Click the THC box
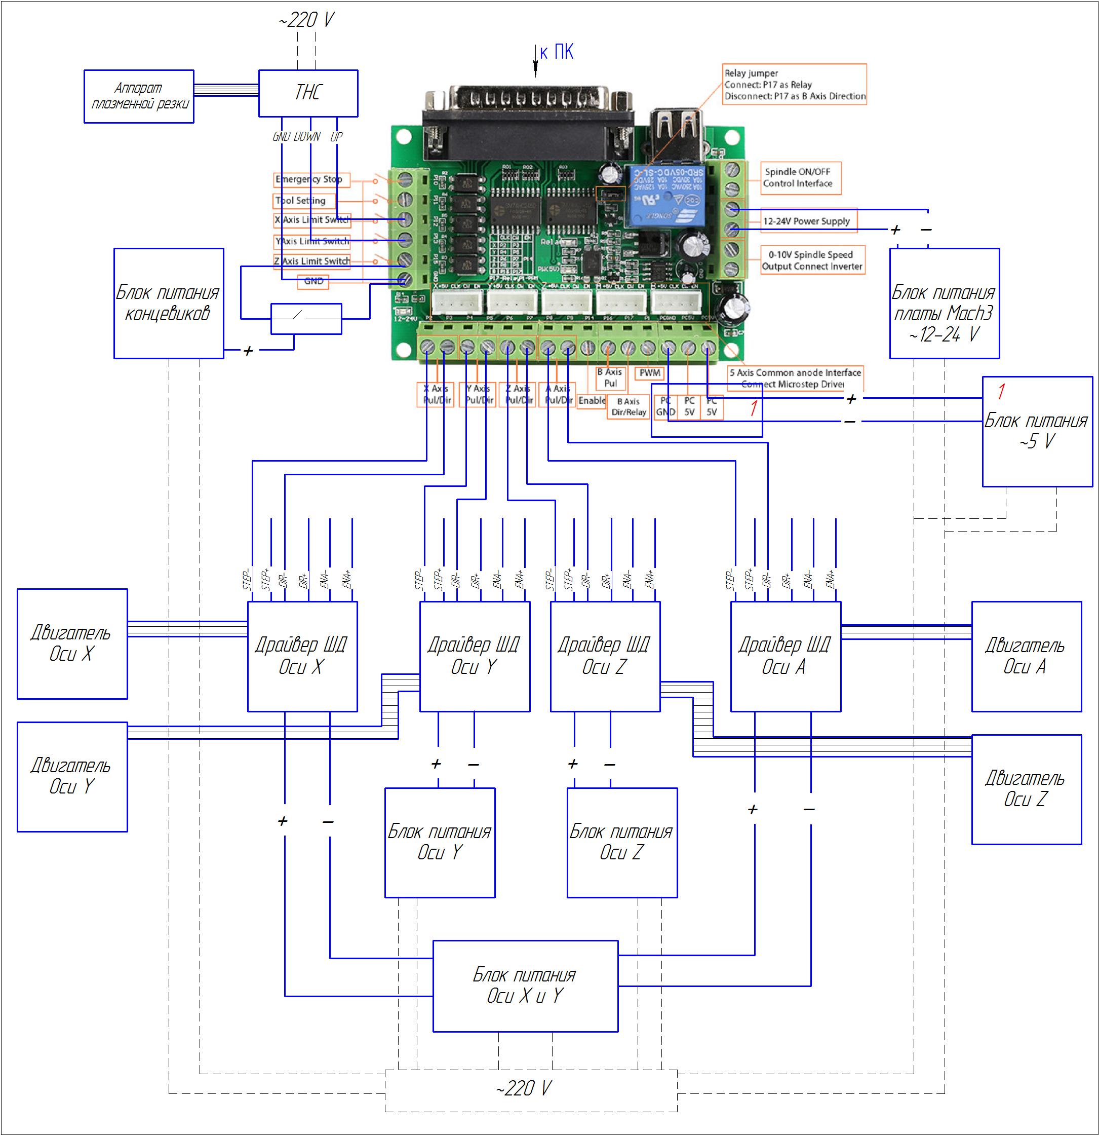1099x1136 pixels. tap(307, 93)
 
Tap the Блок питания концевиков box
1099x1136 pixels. tap(169, 303)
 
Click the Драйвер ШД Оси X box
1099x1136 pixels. tap(302, 656)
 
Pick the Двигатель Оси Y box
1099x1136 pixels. tap(72, 777)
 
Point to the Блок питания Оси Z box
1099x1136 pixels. tap(621, 842)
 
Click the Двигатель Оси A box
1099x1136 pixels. tap(1026, 656)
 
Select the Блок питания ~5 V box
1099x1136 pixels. tap(1037, 431)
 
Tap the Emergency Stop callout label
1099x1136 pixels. tap(311, 180)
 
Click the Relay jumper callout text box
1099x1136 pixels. tap(794, 85)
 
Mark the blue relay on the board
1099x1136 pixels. tap(664, 195)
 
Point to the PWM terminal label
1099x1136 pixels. tap(649, 373)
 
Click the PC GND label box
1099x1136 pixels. tap(665, 406)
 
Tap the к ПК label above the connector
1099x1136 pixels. tap(556, 52)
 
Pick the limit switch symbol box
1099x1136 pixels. tap(306, 319)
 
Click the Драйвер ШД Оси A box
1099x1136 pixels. tap(785, 656)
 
